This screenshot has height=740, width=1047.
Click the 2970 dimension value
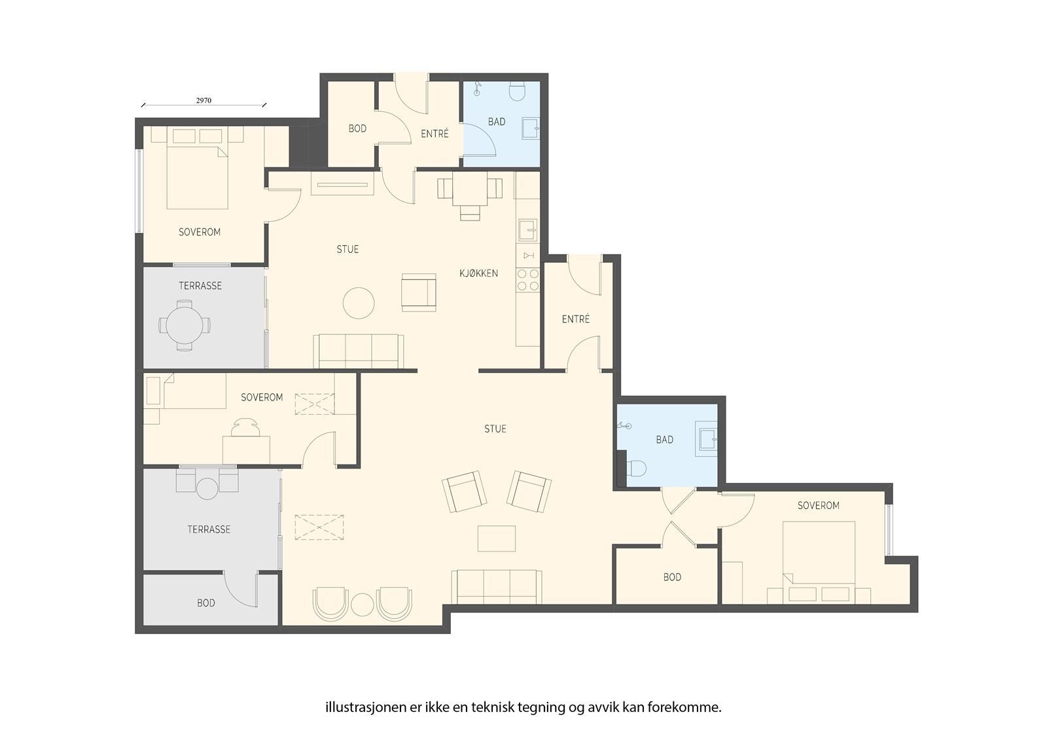tap(204, 101)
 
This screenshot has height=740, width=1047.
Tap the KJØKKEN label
tap(478, 273)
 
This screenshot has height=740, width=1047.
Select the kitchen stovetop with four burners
tap(527, 279)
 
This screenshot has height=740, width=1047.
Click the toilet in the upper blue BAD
tap(517, 91)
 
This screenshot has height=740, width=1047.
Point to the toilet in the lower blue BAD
tap(637, 468)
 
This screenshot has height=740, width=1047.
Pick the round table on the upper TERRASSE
tap(185, 325)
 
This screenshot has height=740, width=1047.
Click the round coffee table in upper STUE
tap(359, 303)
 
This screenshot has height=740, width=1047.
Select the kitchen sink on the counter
tap(527, 230)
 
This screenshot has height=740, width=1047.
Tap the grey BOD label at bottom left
tap(206, 603)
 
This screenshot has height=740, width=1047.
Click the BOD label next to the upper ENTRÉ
tap(357, 128)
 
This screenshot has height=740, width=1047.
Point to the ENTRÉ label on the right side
tap(576, 319)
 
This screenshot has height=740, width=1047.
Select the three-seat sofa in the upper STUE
tap(359, 351)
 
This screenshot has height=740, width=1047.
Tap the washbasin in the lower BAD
tap(706, 438)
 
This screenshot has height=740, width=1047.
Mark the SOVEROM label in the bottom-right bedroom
tap(819, 505)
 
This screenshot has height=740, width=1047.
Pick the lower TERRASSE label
tap(209, 529)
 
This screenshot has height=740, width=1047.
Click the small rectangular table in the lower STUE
tap(497, 538)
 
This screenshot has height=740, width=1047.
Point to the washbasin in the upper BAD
tap(531, 128)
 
